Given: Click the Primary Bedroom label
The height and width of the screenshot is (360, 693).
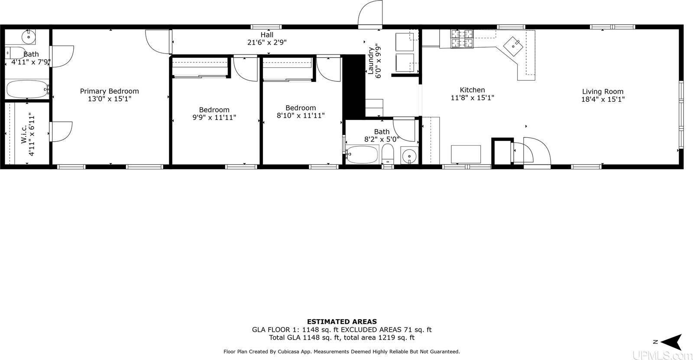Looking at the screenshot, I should [109, 91].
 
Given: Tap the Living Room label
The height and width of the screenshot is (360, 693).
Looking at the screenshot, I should [602, 91].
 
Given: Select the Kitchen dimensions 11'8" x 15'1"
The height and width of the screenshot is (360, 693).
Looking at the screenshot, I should [472, 98].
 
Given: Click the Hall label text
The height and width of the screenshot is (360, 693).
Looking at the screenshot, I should [267, 35].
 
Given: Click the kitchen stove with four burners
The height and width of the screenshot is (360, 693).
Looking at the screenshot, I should [462, 38].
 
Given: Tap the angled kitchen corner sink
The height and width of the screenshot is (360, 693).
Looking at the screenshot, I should [515, 45].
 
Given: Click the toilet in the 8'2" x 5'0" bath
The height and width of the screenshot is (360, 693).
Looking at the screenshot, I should [387, 154].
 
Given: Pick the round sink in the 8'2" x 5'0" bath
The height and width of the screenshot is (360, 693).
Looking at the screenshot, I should [408, 155].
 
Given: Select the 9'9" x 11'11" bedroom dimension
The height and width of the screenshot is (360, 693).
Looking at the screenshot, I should [214, 117].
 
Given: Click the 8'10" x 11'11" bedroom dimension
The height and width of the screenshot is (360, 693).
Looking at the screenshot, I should [301, 116].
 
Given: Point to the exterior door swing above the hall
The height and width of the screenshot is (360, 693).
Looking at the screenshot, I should [370, 13].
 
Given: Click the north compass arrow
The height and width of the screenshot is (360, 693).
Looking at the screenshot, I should [670, 342].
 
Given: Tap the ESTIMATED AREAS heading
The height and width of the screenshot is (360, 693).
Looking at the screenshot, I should [342, 321].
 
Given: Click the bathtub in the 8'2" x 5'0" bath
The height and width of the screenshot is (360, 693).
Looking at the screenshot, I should [363, 155].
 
